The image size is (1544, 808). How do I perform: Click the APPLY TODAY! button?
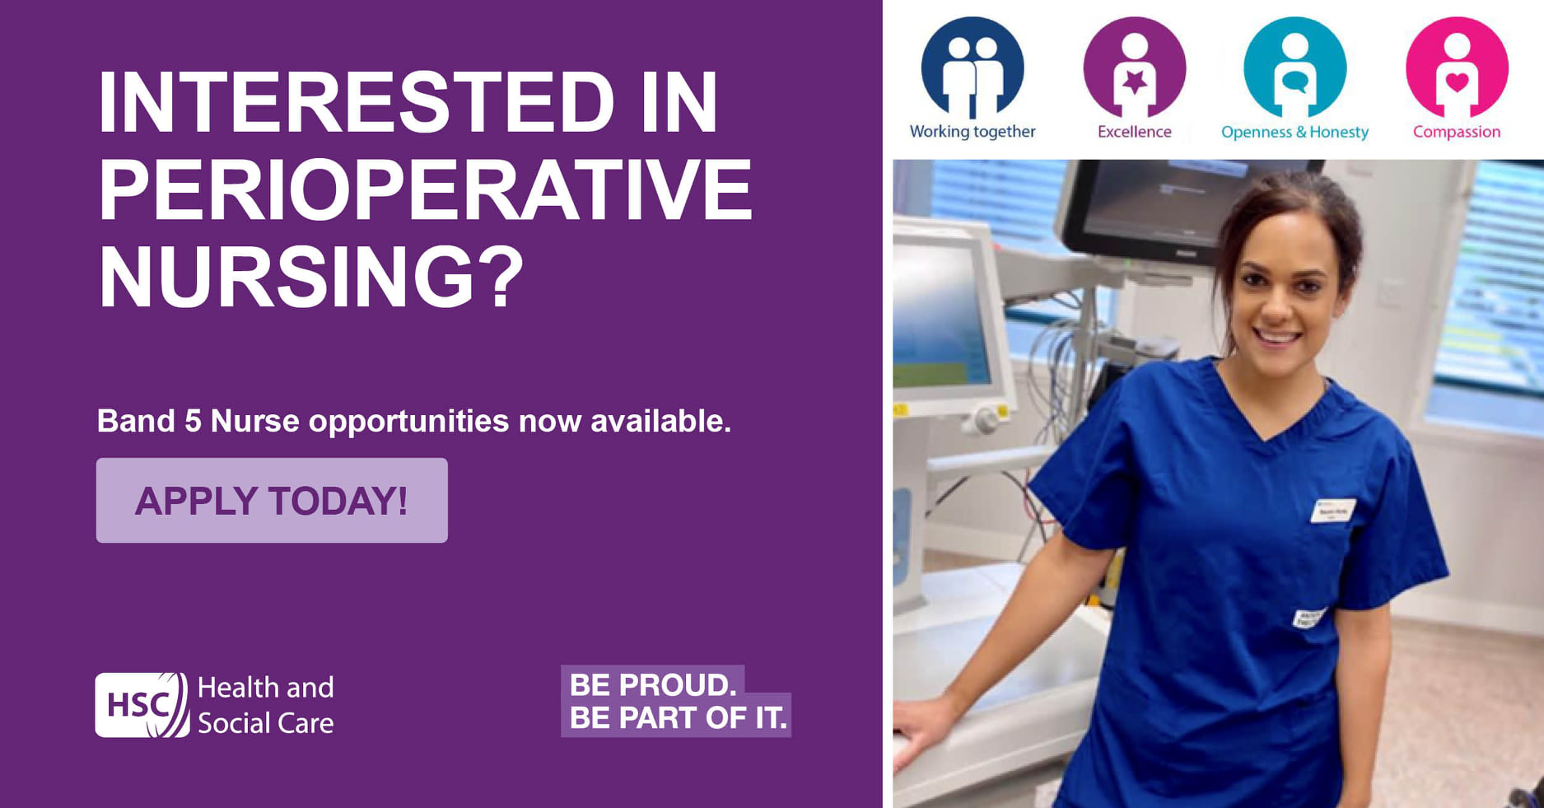272,501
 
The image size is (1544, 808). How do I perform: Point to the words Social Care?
265,723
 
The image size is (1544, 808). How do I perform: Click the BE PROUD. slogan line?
653,684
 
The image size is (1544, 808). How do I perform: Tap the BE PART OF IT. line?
678,718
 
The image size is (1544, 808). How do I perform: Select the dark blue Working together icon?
973,68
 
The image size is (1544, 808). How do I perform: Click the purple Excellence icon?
1134,68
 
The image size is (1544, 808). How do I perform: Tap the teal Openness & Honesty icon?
1294,68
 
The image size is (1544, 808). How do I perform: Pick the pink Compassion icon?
1457,68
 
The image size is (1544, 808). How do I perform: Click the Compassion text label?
1457,132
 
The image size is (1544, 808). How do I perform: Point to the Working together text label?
973,132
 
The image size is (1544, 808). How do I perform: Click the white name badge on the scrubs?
1332,511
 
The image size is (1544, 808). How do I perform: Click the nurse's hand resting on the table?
918,729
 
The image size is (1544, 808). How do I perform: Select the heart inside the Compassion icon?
1457,82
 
